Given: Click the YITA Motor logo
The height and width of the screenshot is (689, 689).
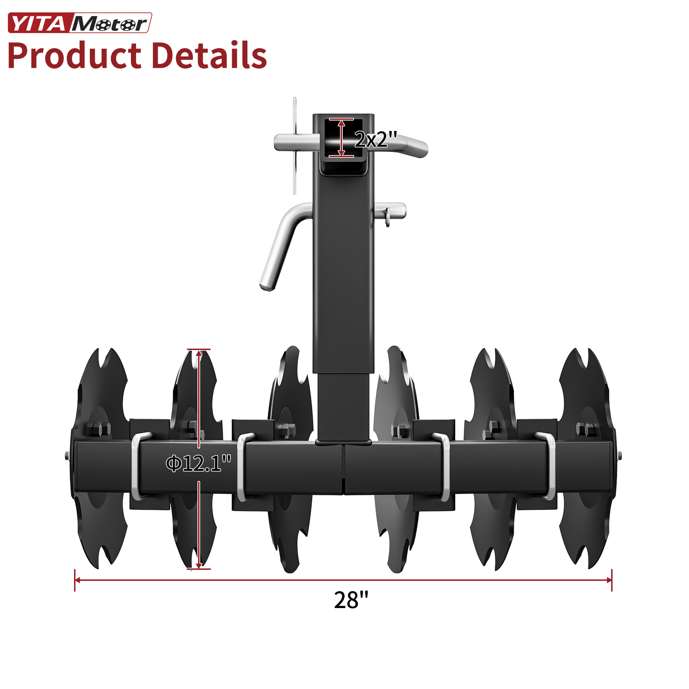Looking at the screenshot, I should (x=80, y=23).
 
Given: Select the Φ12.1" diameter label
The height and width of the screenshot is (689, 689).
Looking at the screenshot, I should (x=199, y=463).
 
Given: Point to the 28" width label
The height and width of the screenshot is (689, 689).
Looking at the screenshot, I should (x=351, y=600).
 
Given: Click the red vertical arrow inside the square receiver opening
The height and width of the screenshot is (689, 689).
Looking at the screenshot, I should (x=341, y=138).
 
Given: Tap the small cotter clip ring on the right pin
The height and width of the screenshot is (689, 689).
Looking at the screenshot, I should (x=388, y=217).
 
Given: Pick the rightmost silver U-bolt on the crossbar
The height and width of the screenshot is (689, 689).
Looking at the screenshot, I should (x=549, y=467).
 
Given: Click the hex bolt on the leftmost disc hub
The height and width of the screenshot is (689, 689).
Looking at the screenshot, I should (x=99, y=429).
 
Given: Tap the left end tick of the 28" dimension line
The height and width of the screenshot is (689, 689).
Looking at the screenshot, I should (x=75, y=580).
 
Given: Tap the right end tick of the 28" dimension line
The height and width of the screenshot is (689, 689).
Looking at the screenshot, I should (x=611, y=580).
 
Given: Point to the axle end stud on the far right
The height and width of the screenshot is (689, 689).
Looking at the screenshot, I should (x=619, y=456).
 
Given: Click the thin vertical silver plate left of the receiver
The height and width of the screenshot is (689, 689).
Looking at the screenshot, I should (x=295, y=146).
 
